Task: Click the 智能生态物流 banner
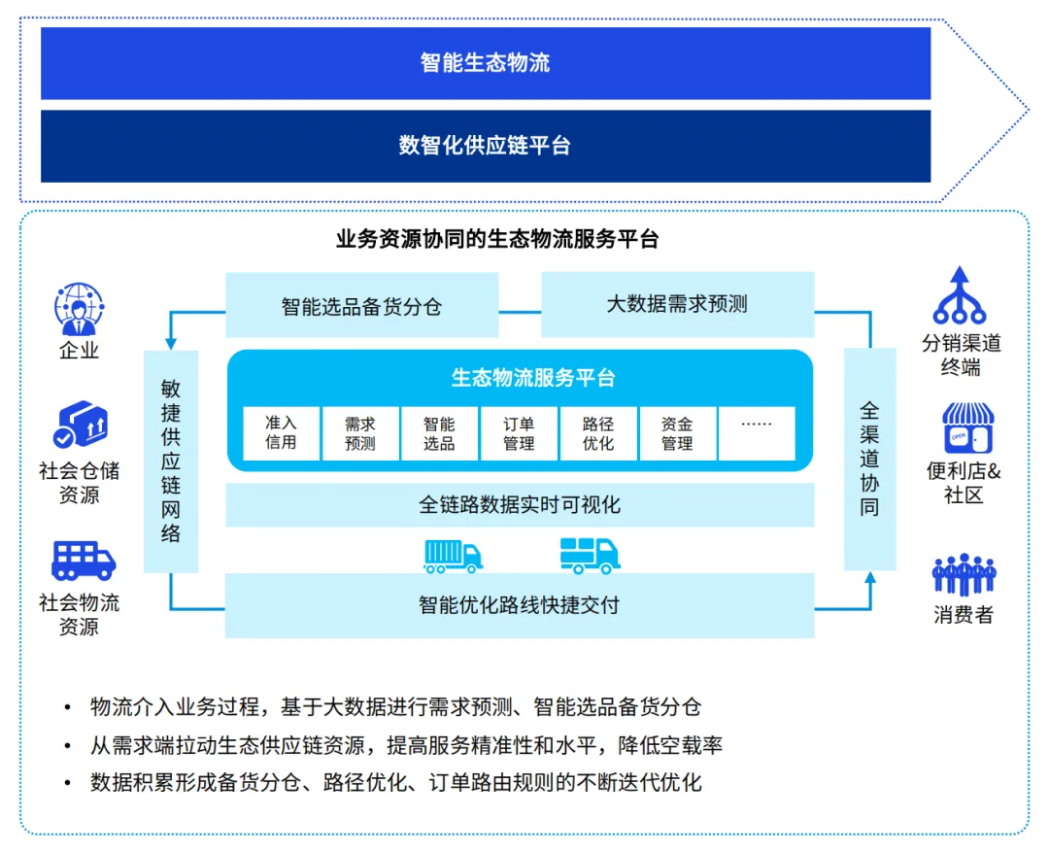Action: [x=486, y=63]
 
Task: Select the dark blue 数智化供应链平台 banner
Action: [x=486, y=146]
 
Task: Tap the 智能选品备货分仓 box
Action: [x=361, y=306]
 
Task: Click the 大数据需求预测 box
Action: [x=677, y=304]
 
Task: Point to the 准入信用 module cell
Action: [x=281, y=433]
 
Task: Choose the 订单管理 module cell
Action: [x=519, y=433]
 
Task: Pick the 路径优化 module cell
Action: [x=598, y=433]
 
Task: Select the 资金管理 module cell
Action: [x=677, y=433]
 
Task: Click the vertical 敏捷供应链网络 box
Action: [x=171, y=460]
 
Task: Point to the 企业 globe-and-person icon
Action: [x=79, y=308]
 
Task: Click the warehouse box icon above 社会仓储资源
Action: [x=80, y=426]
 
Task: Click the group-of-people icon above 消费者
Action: [x=964, y=575]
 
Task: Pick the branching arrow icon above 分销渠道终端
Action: [x=960, y=295]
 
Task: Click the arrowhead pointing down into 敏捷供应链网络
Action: [x=171, y=342]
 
